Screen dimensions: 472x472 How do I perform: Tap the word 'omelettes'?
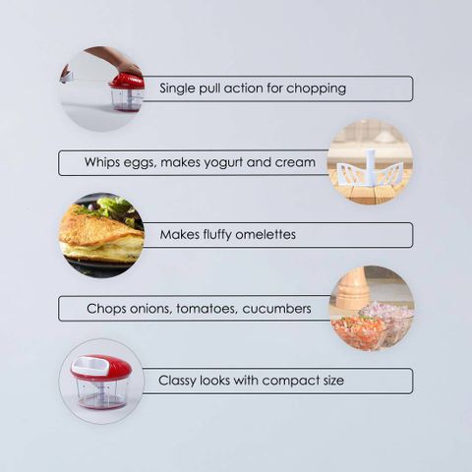point(265,235)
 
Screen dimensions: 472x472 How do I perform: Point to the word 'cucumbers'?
point(276,309)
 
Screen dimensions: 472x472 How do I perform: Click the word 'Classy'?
point(177,381)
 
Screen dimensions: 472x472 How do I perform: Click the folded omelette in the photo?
point(101,233)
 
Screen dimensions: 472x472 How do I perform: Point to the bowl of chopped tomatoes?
point(357,330)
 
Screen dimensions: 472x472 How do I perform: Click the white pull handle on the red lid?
point(91,366)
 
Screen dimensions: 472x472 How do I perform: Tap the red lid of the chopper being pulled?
point(127,81)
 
